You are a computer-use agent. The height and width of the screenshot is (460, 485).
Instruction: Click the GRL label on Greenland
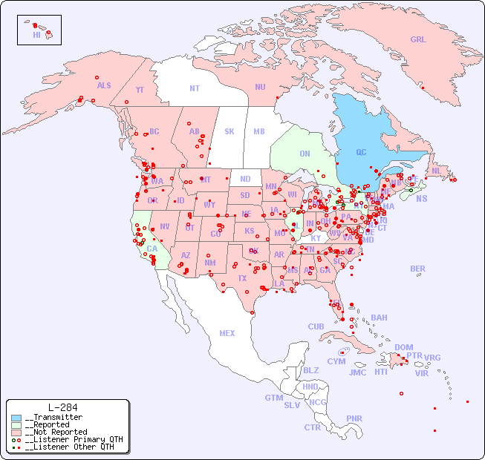pyautogui.click(x=418, y=40)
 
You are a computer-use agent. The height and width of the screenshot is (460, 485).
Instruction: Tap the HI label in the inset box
pyautogui.click(x=36, y=35)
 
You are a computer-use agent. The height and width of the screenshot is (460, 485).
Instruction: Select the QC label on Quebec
pyautogui.click(x=361, y=153)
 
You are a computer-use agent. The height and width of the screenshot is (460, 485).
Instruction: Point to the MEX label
pyautogui.click(x=227, y=333)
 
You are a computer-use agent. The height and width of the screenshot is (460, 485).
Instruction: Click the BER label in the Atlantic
pyautogui.click(x=418, y=269)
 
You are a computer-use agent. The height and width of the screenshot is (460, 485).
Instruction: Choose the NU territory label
pyautogui.click(x=260, y=87)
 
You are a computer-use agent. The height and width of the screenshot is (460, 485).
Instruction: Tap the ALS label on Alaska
pyautogui.click(x=104, y=85)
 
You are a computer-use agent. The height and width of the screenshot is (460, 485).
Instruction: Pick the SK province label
pyautogui.click(x=230, y=131)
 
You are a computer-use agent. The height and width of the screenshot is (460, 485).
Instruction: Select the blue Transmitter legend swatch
pyautogui.click(x=16, y=418)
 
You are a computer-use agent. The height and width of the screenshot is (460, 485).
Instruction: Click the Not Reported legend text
pyautogui.click(x=56, y=432)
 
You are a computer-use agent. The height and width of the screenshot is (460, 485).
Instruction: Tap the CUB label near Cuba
pyautogui.click(x=316, y=326)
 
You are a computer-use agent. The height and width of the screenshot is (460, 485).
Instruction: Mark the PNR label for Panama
pyautogui.click(x=354, y=418)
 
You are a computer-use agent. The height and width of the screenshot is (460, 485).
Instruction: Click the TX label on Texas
pyautogui.click(x=241, y=278)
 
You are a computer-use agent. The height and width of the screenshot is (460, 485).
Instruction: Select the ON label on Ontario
pyautogui.click(x=305, y=154)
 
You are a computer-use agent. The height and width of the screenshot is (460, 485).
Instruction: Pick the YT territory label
pyautogui.click(x=140, y=90)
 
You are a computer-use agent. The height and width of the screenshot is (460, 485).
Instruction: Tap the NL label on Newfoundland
pyautogui.click(x=436, y=170)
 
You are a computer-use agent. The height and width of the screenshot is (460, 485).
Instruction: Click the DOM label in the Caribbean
pyautogui.click(x=403, y=347)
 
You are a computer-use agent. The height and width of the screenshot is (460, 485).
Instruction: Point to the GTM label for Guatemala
pyautogui.click(x=273, y=398)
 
